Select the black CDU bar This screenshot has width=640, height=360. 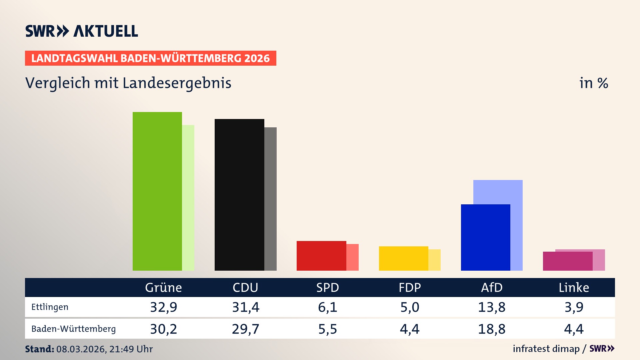click(239, 195)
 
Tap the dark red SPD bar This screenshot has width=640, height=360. click(321, 256)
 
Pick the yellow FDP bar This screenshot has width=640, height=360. click(403, 258)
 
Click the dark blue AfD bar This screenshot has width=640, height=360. click(485, 237)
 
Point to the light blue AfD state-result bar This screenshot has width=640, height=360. click(503, 192)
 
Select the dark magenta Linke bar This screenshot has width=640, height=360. click(567, 261)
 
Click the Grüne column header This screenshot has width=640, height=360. click(163, 287)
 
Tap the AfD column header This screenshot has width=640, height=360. click(492, 287)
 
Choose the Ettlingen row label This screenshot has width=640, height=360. click(50, 307)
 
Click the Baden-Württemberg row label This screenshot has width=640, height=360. click(73, 329)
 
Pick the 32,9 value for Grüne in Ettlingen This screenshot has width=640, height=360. click(163, 307)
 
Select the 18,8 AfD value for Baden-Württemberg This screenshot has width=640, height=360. click(492, 329)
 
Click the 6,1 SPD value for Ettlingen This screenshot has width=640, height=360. click(327, 307)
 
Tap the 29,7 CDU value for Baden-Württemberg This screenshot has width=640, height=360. click(245, 329)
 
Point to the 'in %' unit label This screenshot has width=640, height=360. click(593, 83)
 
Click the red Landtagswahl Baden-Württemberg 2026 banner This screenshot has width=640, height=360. click(150, 58)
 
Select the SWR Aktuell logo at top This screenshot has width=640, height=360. click(82, 31)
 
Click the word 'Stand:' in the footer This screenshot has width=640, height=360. click(39, 349)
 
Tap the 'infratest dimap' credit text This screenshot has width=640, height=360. click(546, 349)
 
